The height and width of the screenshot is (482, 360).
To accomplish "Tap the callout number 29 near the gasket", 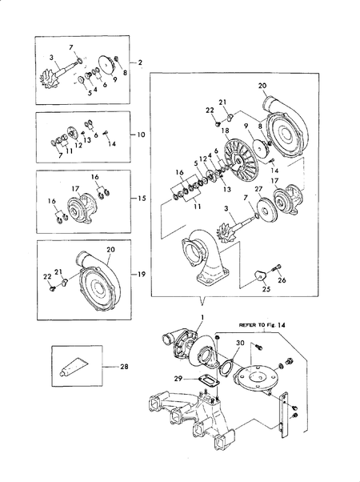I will click(178, 377).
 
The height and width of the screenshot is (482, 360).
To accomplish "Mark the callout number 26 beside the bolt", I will click(282, 280).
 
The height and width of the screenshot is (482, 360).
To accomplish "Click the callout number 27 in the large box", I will click(258, 189).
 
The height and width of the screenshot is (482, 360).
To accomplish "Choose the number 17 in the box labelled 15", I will click(75, 190).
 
